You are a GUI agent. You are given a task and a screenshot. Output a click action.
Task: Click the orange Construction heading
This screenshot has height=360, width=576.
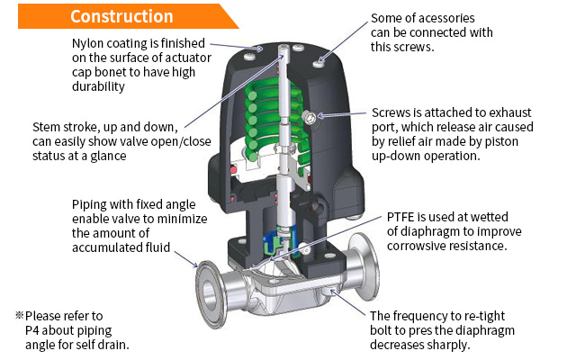click(121, 16)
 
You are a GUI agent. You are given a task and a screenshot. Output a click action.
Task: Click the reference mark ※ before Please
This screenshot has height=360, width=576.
click(19, 316)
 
